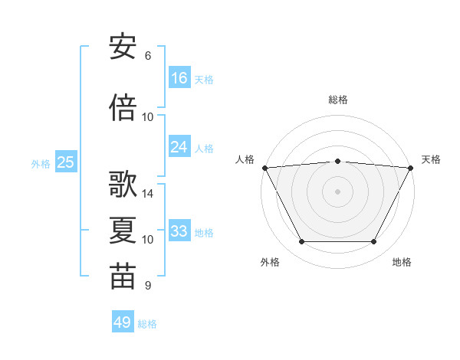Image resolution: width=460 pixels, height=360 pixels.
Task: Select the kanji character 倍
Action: click(x=123, y=107)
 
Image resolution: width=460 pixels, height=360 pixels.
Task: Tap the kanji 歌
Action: click(x=123, y=185)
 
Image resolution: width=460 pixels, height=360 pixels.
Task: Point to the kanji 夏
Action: click(x=123, y=231)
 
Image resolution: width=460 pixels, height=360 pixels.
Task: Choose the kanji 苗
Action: click(x=123, y=277)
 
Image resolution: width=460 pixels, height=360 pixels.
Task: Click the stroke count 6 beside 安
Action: click(x=148, y=56)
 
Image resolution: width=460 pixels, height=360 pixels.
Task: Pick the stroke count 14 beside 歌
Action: click(x=148, y=194)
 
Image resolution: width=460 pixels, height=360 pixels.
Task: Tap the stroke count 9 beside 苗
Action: click(x=148, y=286)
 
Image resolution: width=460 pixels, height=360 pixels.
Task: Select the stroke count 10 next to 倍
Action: click(x=148, y=117)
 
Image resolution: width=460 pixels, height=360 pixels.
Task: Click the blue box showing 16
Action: click(x=179, y=77)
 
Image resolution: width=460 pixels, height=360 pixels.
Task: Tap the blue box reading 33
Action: click(x=179, y=231)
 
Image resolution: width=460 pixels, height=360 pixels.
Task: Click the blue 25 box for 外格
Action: click(x=65, y=162)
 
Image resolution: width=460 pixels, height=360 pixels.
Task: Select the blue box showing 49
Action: click(x=123, y=322)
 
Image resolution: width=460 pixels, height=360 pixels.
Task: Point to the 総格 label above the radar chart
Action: click(x=338, y=100)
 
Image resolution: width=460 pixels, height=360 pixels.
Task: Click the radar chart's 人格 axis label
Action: click(x=245, y=159)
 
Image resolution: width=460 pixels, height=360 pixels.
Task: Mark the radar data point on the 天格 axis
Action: click(x=412, y=167)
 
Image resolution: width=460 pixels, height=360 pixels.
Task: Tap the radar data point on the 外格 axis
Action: click(x=301, y=242)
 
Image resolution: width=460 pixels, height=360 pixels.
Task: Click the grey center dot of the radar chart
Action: click(x=338, y=191)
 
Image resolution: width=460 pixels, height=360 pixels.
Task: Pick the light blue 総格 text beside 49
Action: click(x=148, y=324)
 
